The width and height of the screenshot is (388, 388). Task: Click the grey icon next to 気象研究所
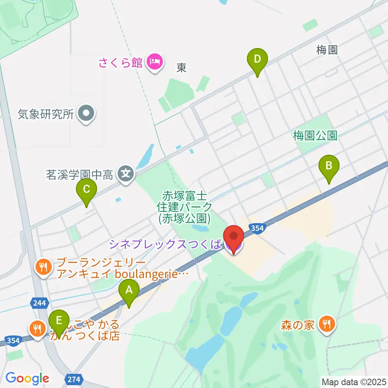click(x=86, y=114)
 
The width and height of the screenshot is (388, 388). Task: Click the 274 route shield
click(x=73, y=379)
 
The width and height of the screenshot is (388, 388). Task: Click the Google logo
click(x=27, y=378)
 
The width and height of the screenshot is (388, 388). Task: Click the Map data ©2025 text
click(x=354, y=381)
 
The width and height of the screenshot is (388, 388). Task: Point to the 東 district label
click(x=181, y=68)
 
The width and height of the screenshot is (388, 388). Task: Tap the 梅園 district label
click(x=327, y=50)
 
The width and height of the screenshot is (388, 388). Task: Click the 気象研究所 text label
click(x=46, y=114)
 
